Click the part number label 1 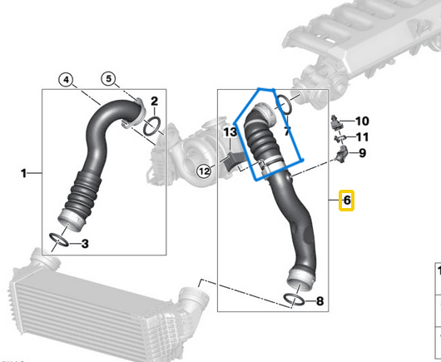pyautogui.click(x=23, y=173)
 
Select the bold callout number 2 pyautogui.click(x=154, y=102)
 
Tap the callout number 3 pyautogui.click(x=85, y=244)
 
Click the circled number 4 pyautogui.click(x=67, y=80)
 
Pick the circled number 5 pyautogui.click(x=109, y=80)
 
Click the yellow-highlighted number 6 pyautogui.click(x=348, y=201)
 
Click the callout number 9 pyautogui.click(x=362, y=153)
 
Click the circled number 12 pyautogui.click(x=203, y=171)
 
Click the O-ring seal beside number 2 pyautogui.click(x=152, y=126)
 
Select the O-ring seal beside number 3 pyautogui.click(x=61, y=242)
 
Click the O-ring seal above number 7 pyautogui.click(x=284, y=104)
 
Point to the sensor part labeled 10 pyautogui.click(x=337, y=121)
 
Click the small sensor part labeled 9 pyautogui.click(x=342, y=155)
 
